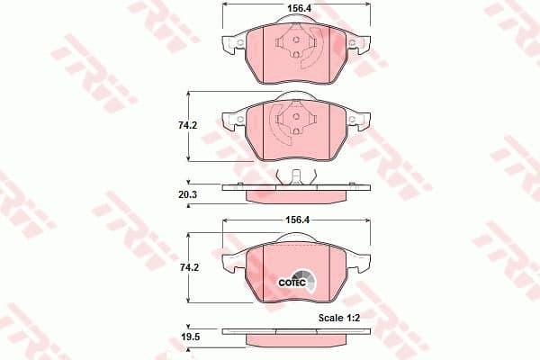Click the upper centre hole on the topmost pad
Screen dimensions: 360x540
pos(297,39)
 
